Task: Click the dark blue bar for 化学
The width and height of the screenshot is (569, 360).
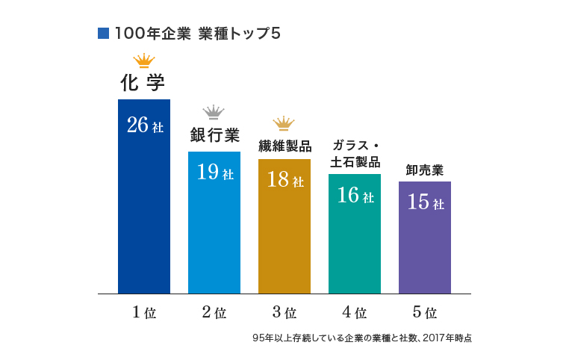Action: pos(144,209)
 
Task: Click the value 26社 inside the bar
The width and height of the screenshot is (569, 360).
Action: pos(144,125)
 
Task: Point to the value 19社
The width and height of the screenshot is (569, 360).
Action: pos(214,173)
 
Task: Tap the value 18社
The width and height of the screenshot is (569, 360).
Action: pos(284,180)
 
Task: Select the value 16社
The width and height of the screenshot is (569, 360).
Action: pos(355,196)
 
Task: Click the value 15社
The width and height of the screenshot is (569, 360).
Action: pos(425,202)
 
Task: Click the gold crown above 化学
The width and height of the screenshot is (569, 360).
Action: pos(143,60)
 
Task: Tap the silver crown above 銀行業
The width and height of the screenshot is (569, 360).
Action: pos(214,112)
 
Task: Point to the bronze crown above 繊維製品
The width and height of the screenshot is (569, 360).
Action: pos(284,122)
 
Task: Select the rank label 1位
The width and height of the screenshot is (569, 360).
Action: pos(144,313)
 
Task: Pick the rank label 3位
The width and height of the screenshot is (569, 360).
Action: pos(284,313)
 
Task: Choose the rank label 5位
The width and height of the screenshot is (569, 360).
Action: pos(425,313)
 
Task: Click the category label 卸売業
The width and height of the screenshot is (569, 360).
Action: pos(425,170)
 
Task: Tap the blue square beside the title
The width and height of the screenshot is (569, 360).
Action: pos(104,34)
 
